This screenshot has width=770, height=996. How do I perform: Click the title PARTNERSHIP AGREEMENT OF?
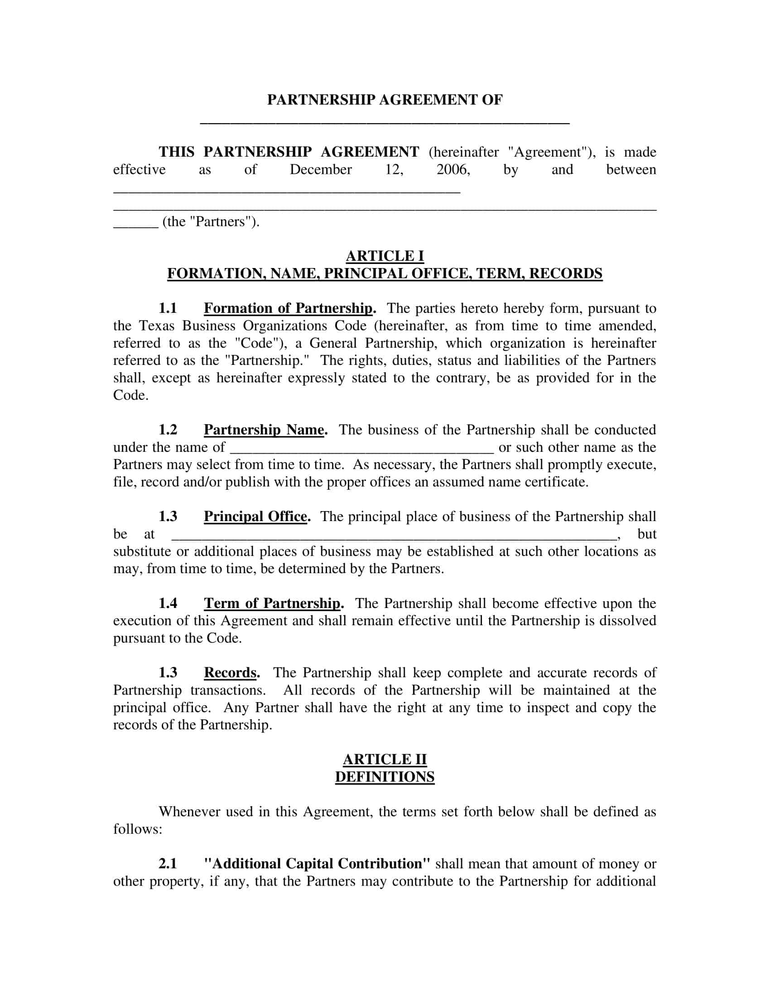click(x=385, y=100)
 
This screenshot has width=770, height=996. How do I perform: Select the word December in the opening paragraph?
click(x=320, y=170)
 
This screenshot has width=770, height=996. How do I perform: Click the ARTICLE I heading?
click(x=385, y=256)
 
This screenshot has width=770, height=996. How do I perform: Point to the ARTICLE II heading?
click(x=385, y=759)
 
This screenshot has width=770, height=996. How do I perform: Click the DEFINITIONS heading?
click(x=385, y=776)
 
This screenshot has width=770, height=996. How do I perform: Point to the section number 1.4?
click(x=168, y=603)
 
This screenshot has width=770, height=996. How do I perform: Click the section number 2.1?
click(x=168, y=864)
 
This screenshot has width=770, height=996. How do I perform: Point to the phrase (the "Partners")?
click(x=211, y=222)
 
